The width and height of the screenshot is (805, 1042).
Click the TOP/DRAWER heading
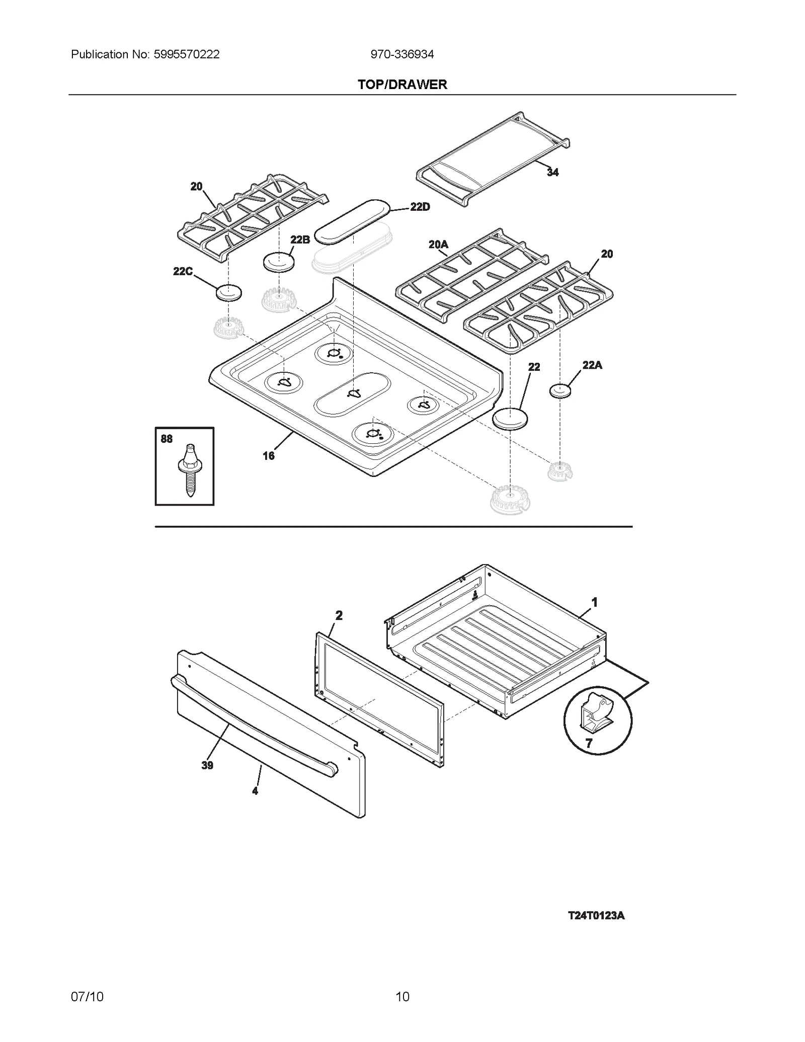(x=402, y=85)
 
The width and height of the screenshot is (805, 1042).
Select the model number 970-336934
(x=402, y=54)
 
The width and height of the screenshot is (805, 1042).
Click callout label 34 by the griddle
(x=552, y=173)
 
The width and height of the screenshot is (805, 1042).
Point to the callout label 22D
(x=420, y=207)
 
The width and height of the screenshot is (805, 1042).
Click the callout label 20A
(x=438, y=245)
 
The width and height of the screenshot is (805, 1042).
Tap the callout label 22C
(x=183, y=272)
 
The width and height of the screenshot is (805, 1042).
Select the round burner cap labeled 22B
(x=278, y=262)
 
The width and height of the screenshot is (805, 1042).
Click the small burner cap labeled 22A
(x=560, y=390)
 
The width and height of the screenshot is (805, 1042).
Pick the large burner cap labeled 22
(x=510, y=419)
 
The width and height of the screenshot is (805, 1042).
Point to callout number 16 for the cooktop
(x=269, y=456)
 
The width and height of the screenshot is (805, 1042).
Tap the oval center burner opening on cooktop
(x=353, y=394)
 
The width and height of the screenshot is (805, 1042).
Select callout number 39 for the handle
(x=207, y=765)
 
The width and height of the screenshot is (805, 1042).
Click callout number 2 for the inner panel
(x=339, y=615)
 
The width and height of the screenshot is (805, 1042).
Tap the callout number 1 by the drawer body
(x=594, y=602)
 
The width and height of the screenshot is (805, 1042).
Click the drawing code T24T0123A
(x=596, y=916)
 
